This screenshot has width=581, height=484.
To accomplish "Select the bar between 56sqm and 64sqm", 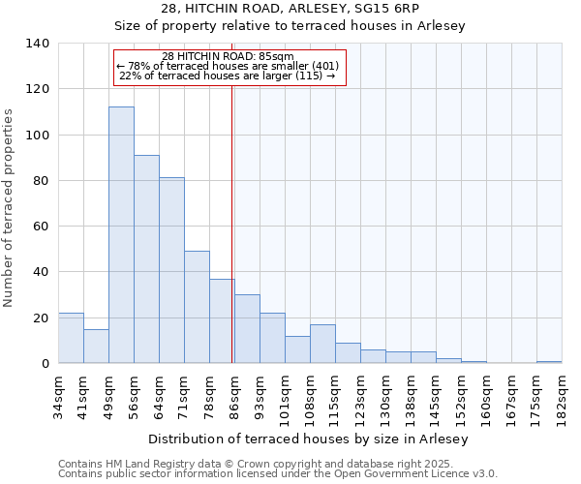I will (x=146, y=259).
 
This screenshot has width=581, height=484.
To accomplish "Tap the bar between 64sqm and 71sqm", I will (x=171, y=270).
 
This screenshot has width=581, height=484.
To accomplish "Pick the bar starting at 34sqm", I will (x=71, y=338).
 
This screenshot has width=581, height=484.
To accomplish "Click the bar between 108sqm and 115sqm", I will (x=322, y=344).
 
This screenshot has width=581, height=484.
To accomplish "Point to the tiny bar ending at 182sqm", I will (x=549, y=362).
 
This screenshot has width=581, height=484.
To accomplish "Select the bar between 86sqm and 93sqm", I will (x=247, y=329).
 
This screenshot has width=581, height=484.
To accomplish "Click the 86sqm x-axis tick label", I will (x=234, y=398).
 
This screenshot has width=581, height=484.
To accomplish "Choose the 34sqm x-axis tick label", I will (x=58, y=398).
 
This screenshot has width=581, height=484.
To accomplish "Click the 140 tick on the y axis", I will (x=38, y=44).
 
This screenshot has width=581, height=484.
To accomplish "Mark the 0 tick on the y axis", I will (x=45, y=364).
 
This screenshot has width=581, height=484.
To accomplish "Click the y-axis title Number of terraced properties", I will (x=10, y=208).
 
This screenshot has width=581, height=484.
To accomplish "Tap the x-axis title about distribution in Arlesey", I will (x=309, y=439).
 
